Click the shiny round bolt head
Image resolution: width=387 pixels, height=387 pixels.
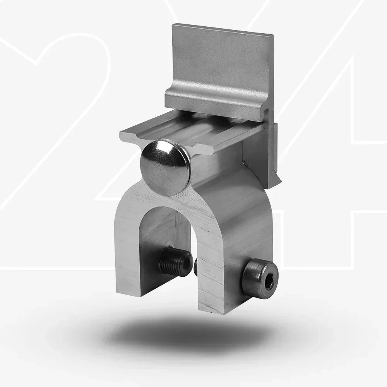click(x=165, y=167)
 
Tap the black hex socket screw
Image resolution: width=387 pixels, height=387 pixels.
click(x=260, y=279)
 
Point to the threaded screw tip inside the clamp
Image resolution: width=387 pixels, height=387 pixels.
click(x=175, y=261)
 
